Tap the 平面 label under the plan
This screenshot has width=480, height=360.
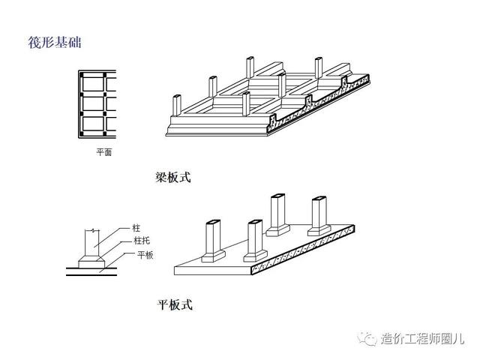click(x=103, y=151)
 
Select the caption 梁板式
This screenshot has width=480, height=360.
click(x=173, y=178)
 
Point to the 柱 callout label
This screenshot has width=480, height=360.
click(x=136, y=226)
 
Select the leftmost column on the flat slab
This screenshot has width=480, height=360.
click(x=211, y=238)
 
